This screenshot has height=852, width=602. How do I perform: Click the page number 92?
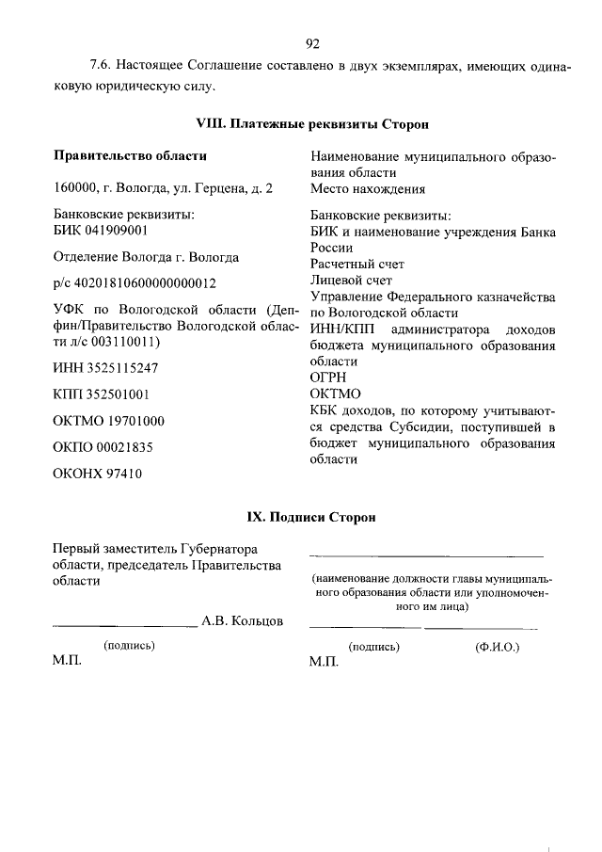click(313, 43)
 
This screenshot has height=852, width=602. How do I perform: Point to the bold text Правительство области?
click(130, 155)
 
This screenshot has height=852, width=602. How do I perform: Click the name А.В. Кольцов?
click(242, 620)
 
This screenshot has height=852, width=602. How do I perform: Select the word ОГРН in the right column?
click(328, 378)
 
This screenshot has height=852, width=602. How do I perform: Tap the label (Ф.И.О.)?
click(499, 648)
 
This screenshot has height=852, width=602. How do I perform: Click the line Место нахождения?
click(368, 188)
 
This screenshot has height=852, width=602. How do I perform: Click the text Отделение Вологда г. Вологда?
click(146, 257)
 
